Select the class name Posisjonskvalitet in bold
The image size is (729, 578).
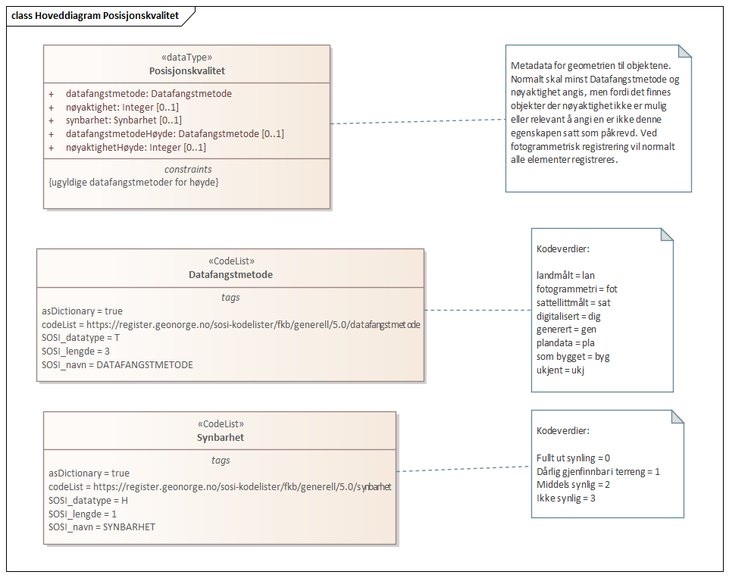pos(186,71)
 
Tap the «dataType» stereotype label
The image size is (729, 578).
pos(186,58)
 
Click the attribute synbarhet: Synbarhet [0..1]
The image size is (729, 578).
pos(124,120)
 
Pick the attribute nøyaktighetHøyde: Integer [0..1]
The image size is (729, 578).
pos(136,147)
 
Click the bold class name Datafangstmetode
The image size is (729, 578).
pos(230,275)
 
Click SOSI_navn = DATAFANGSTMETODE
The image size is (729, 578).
pos(117,364)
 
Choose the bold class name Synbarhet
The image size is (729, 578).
pos(220,438)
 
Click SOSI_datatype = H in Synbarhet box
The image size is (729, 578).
pos(89,501)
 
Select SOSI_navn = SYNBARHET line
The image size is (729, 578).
pos(102,526)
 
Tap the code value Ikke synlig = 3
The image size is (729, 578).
pos(567,498)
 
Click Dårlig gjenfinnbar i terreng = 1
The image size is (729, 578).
pos(598,471)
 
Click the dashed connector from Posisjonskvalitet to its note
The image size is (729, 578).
pos(417,121)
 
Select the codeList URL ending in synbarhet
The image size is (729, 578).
pos(220,487)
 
